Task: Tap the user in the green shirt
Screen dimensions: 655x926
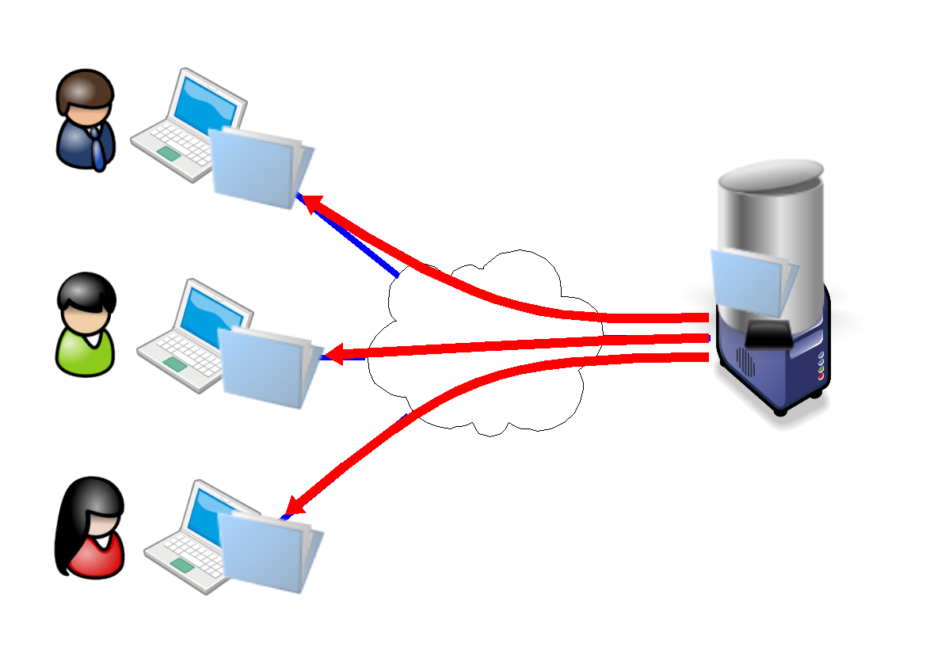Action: pyautogui.click(x=86, y=324)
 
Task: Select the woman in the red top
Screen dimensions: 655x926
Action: pyautogui.click(x=91, y=526)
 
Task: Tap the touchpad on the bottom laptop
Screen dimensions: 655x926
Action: pyautogui.click(x=181, y=565)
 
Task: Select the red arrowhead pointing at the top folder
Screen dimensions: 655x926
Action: pyautogui.click(x=312, y=205)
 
